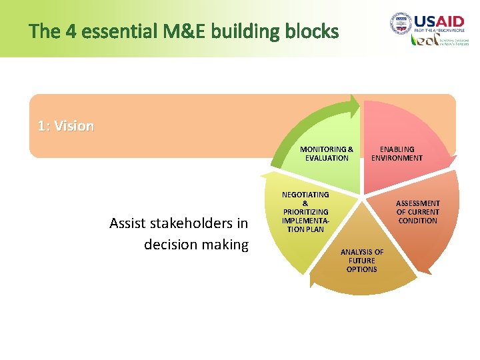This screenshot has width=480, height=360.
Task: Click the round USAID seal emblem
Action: (x=401, y=25)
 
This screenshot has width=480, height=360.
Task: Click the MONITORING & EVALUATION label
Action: (x=327, y=153)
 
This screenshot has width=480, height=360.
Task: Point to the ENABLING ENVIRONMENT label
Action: (x=397, y=153)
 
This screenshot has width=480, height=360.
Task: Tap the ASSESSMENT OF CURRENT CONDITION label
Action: (x=418, y=212)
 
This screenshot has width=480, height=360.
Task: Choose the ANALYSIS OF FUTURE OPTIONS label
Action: (x=362, y=261)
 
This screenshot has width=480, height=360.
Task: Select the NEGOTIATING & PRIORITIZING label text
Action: (x=305, y=211)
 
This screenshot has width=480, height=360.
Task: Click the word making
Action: (x=226, y=245)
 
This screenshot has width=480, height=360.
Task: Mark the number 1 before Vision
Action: (x=42, y=126)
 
